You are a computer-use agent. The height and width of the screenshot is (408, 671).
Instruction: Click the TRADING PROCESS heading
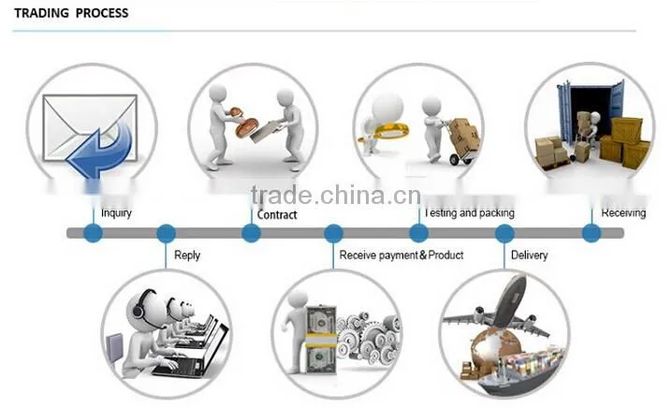[x=71, y=13]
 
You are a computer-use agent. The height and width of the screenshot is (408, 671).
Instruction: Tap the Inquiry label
[x=116, y=212]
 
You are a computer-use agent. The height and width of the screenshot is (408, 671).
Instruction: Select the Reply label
[x=187, y=255]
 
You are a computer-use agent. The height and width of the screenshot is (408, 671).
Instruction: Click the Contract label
[x=277, y=214]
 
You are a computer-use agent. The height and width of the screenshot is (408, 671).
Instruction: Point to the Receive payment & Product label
[x=401, y=255]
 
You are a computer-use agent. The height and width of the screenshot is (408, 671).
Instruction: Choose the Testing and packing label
[x=470, y=212]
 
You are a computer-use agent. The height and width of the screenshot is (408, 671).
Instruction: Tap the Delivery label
[x=530, y=255]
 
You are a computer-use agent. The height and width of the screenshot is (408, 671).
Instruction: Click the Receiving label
[x=623, y=212]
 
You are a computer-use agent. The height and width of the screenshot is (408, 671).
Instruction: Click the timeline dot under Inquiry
[x=93, y=233]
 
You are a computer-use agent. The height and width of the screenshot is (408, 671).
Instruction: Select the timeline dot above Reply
[x=166, y=233]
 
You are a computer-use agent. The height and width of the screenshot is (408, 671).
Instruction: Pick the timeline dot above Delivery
[x=505, y=233]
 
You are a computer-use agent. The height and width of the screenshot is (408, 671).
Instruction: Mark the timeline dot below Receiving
[x=591, y=233]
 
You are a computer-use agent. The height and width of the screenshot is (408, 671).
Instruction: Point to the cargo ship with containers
[x=520, y=372]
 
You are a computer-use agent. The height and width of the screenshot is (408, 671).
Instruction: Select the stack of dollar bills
[x=321, y=339]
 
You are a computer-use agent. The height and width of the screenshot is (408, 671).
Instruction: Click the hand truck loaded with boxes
[x=461, y=141]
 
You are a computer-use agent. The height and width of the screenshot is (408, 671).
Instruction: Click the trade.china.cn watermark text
[x=336, y=195]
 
